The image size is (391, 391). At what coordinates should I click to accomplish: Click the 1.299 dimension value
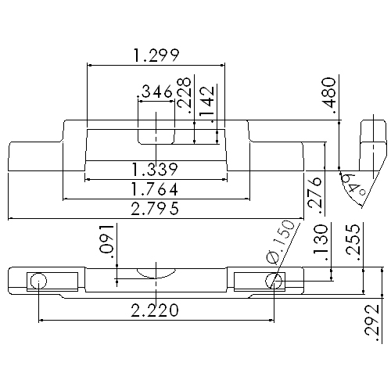tap(156, 55)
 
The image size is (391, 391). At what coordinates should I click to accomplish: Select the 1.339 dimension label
tap(156, 170)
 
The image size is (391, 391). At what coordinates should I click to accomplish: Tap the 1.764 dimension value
tap(156, 189)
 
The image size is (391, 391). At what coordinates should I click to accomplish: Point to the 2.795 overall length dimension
tap(156, 209)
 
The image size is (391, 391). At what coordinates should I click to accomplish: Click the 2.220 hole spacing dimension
tap(156, 310)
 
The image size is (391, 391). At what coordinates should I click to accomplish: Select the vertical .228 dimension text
tap(185, 95)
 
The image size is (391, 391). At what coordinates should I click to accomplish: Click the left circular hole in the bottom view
tap(39, 281)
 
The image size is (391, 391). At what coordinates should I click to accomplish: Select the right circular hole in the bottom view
tap(273, 281)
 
